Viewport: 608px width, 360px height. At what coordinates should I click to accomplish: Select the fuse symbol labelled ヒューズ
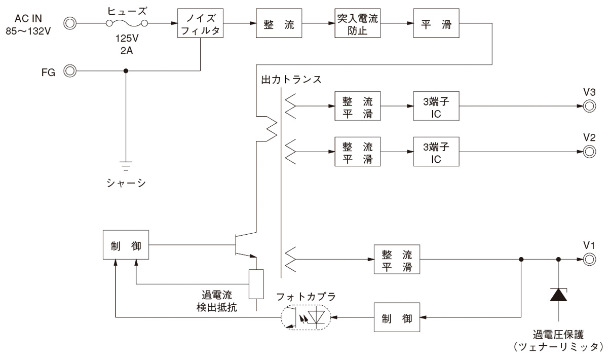[x=127, y=23]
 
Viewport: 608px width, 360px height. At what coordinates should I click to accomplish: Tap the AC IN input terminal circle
[x=70, y=23]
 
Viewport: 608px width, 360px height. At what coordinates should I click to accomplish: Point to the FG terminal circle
[x=70, y=71]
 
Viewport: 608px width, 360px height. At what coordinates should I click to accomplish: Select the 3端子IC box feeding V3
[x=436, y=106]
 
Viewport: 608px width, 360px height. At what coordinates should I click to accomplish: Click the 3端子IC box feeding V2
[x=436, y=151]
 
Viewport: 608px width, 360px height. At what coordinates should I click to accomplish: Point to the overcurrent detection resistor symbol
[x=256, y=284]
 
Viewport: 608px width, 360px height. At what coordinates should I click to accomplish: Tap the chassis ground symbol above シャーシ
[x=126, y=165]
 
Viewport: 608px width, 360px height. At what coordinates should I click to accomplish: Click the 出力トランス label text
[x=291, y=80]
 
